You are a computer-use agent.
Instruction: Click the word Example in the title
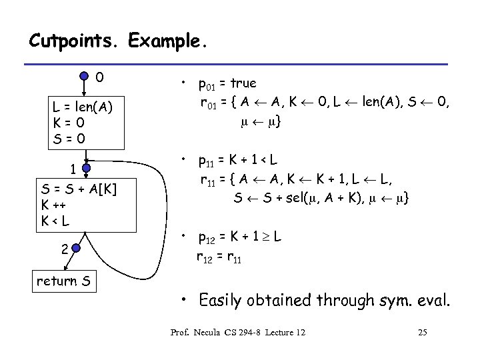coord(167,41)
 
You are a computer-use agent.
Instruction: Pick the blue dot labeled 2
coord(75,249)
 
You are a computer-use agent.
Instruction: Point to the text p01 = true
coord(227,84)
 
